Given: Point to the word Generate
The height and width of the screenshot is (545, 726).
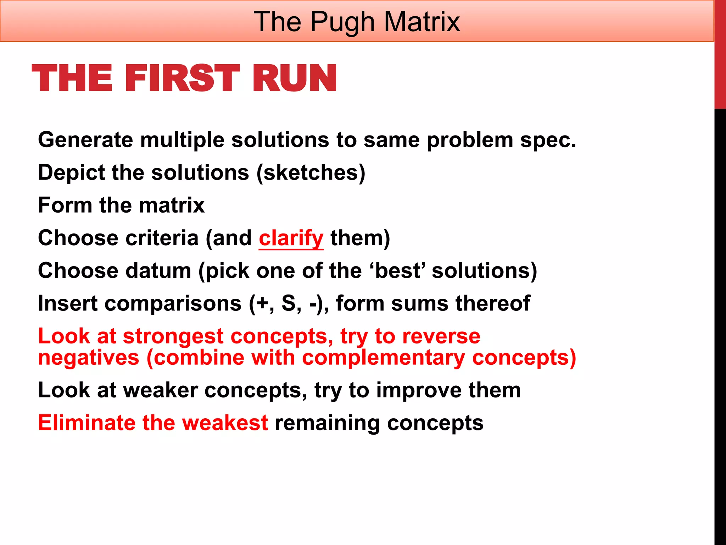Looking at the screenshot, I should coord(85,140).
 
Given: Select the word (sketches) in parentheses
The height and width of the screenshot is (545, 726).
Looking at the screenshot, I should coord(311,173).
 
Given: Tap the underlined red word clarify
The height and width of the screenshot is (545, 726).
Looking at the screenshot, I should coord(291,238).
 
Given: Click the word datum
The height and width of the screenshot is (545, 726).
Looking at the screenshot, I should coord(158,271).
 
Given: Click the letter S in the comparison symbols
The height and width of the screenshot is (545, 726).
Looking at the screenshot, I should coord(289,304).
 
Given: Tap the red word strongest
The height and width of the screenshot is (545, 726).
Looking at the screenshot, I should coord(173,336).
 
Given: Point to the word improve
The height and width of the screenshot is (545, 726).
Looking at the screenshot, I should coord(419,390).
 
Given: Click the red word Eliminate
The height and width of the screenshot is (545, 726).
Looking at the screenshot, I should coord(86,423).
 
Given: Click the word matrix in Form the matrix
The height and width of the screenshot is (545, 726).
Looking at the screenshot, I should coord(172,205).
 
